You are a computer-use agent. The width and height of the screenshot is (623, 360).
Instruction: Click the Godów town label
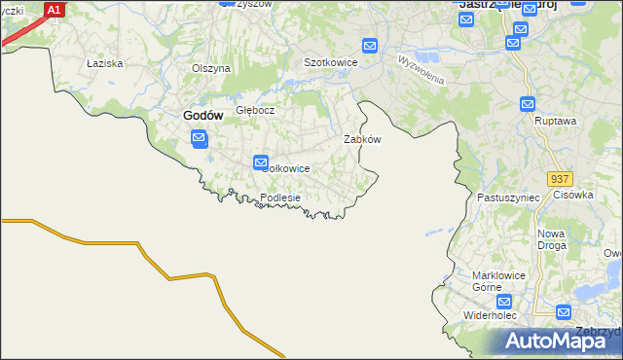[x=203, y=116]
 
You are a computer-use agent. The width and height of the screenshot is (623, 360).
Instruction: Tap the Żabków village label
[x=362, y=139]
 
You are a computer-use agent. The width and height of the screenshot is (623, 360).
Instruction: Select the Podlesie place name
[x=280, y=198]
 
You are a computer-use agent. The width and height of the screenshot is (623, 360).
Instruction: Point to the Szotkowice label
[x=331, y=62]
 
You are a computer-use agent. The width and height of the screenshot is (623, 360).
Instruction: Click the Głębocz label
[x=255, y=110]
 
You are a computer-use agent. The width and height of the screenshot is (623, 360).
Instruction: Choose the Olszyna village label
[x=210, y=68]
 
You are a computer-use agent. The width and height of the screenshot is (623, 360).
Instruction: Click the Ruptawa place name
[x=557, y=122]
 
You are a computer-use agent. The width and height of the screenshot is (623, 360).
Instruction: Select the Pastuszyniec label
[x=502, y=198]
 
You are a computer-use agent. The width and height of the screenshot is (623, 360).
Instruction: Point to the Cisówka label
[x=573, y=195]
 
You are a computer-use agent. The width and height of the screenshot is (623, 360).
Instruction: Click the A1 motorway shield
[x=55, y=10]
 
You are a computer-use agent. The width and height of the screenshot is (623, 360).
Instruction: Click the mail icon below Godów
[x=199, y=140]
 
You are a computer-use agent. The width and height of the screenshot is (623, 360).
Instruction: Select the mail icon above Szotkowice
[x=370, y=46]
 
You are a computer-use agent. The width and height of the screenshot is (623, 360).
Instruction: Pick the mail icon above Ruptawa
[x=528, y=104]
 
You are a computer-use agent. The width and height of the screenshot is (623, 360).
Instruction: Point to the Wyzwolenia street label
[x=421, y=69]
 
